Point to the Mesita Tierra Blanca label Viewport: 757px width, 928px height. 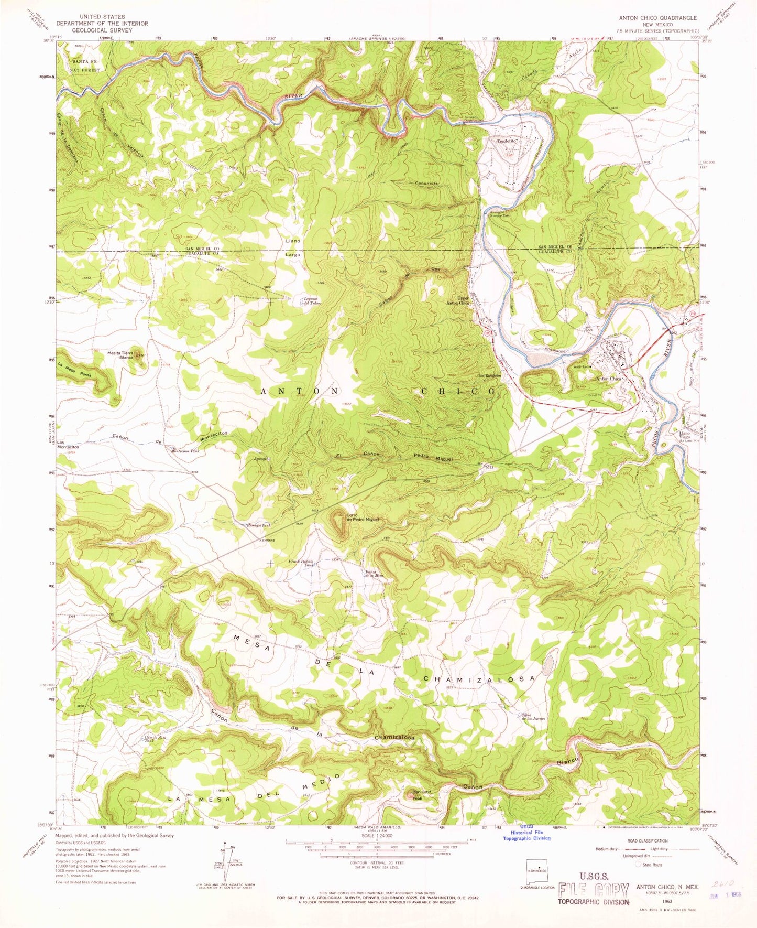coord(121,355)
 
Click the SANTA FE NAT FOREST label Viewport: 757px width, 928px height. coord(85,64)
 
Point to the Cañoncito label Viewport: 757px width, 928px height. coord(426,183)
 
